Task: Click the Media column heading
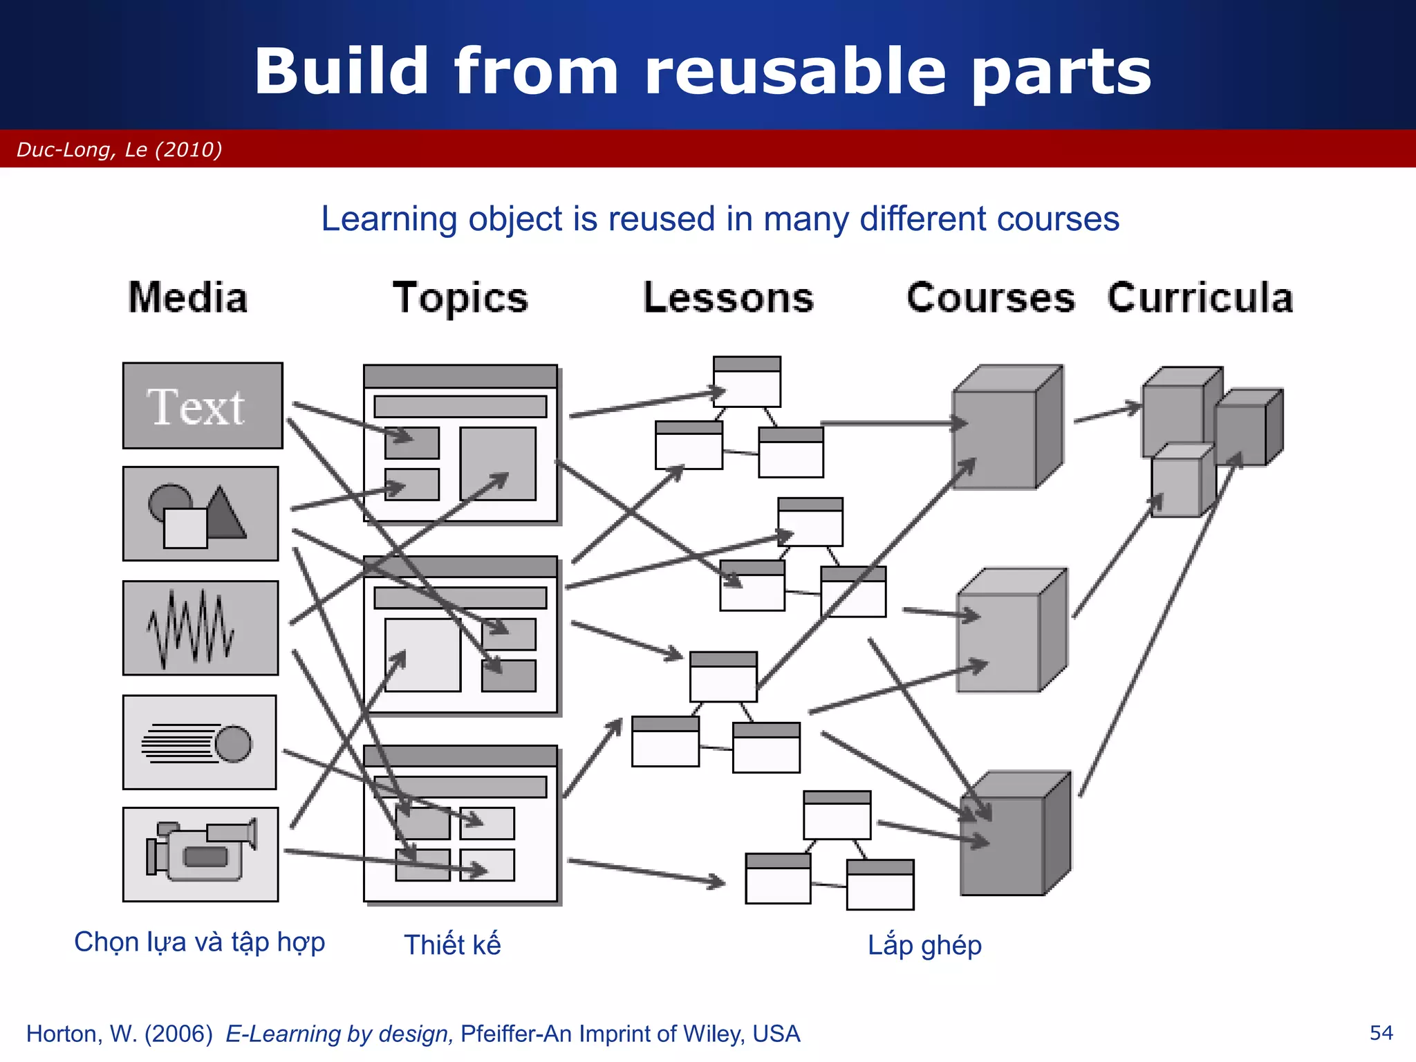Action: click(187, 298)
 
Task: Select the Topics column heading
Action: click(460, 298)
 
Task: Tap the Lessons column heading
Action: click(729, 298)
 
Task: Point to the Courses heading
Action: click(991, 298)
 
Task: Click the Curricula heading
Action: click(1200, 298)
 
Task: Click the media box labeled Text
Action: click(202, 406)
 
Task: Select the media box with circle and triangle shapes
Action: click(201, 513)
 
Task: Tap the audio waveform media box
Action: click(201, 628)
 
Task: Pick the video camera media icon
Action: click(201, 854)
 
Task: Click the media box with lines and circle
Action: click(199, 742)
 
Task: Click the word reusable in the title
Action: click(795, 71)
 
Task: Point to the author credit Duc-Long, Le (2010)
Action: click(120, 149)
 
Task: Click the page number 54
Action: click(1381, 1033)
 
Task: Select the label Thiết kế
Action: click(452, 944)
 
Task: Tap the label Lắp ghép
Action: click(924, 944)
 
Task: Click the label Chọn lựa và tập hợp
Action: click(199, 942)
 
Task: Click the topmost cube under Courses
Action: click(1006, 429)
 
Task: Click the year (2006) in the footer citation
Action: click(178, 1034)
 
